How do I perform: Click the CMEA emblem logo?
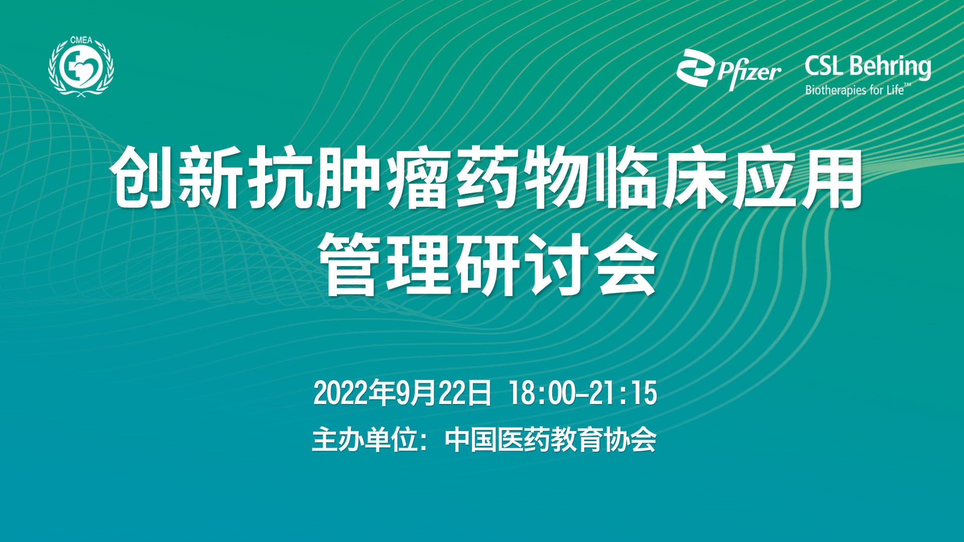point(81,67)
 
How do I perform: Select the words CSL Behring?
point(868,67)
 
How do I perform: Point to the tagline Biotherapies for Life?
point(858,90)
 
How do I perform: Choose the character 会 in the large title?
point(625,264)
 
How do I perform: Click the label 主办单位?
point(365,440)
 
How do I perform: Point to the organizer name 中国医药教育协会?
point(551,440)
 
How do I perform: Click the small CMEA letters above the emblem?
point(81,40)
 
